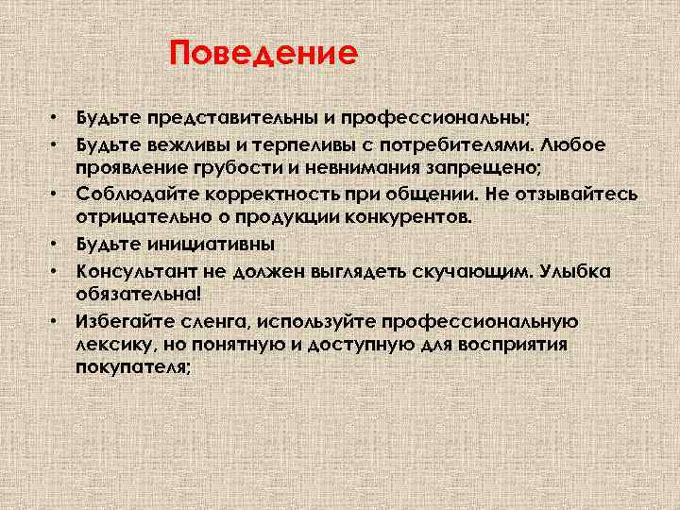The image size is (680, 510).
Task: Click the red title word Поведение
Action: coord(263,53)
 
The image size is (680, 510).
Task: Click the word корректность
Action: coord(267,195)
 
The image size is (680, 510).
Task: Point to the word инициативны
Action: coord(209,244)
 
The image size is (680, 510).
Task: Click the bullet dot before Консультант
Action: coord(57,270)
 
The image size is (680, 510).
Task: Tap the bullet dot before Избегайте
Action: coord(57,321)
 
